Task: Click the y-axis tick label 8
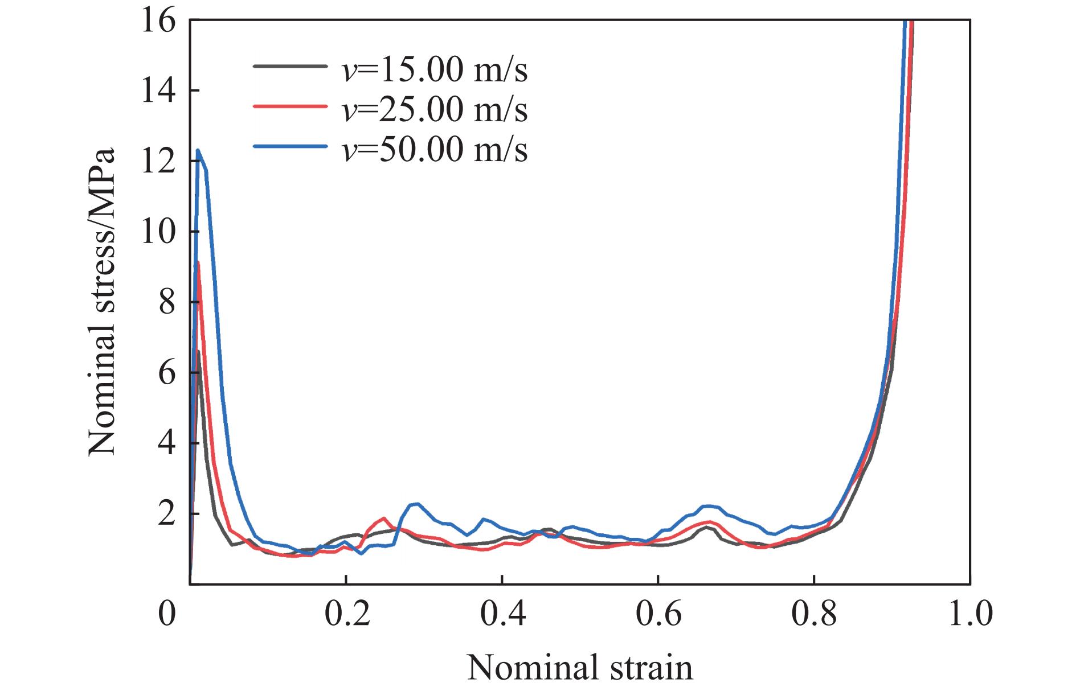166,302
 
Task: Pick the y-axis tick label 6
166,373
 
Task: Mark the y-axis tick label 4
166,443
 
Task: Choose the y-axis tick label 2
166,514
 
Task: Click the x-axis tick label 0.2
345,615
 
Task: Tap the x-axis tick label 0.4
501,615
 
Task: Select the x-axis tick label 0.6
657,615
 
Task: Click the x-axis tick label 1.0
969,615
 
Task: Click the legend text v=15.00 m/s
434,70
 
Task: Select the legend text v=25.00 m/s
434,109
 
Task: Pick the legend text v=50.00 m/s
434,149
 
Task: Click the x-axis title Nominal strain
580,667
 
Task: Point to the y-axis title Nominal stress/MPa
103,302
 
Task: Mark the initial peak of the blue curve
198,150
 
